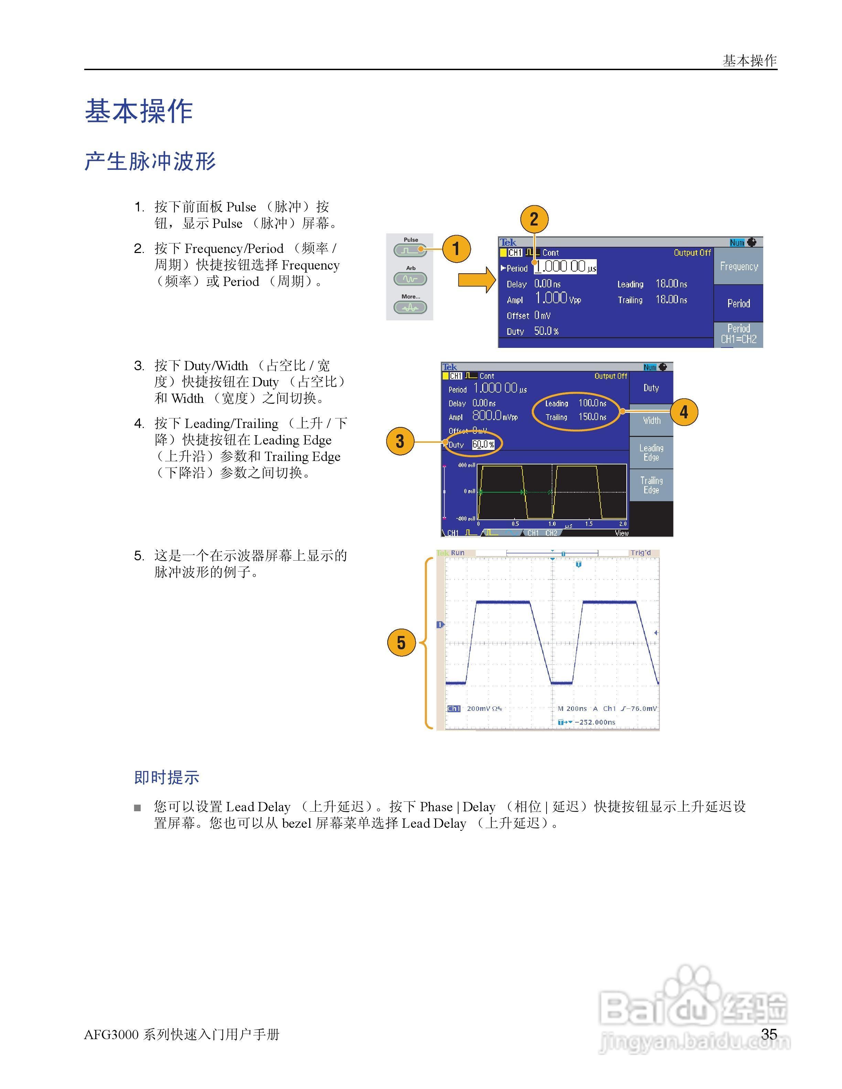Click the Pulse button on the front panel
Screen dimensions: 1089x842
click(410, 250)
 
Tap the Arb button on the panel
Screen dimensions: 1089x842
click(410, 279)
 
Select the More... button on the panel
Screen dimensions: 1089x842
click(410, 307)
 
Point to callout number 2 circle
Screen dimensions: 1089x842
click(534, 219)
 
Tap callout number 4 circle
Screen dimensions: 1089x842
click(684, 412)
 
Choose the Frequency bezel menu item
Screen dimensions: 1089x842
click(738, 266)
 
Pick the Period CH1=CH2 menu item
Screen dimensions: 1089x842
click(738, 333)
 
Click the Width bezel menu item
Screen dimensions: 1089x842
click(651, 420)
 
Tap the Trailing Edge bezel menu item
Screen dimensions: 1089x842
click(651, 485)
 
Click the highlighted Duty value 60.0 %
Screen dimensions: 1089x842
click(483, 444)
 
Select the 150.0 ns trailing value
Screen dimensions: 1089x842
click(592, 417)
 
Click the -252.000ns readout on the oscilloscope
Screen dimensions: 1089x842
click(595, 722)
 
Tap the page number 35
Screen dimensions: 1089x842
click(769, 1034)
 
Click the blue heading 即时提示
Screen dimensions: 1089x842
click(166, 777)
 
